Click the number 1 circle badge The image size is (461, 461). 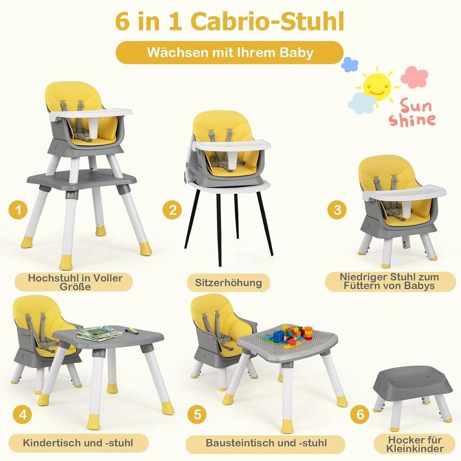(x=18, y=210)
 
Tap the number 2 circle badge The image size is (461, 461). (x=172, y=210)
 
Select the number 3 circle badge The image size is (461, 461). (x=337, y=210)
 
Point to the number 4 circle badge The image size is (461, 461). (x=23, y=415)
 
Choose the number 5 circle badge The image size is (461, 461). (x=198, y=414)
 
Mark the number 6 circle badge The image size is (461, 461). (x=360, y=414)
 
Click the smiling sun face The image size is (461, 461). (x=377, y=84)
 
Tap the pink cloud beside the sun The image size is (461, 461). (x=415, y=77)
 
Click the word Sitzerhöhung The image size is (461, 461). (x=228, y=283)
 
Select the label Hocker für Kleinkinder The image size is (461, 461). (x=415, y=444)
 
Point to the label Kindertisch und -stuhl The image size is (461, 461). (x=78, y=443)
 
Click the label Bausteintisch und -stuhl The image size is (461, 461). (x=267, y=443)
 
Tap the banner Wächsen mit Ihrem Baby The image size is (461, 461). (x=230, y=53)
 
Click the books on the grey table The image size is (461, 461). (x=99, y=333)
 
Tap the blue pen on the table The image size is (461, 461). (x=131, y=331)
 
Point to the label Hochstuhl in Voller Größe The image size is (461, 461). (x=75, y=282)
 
